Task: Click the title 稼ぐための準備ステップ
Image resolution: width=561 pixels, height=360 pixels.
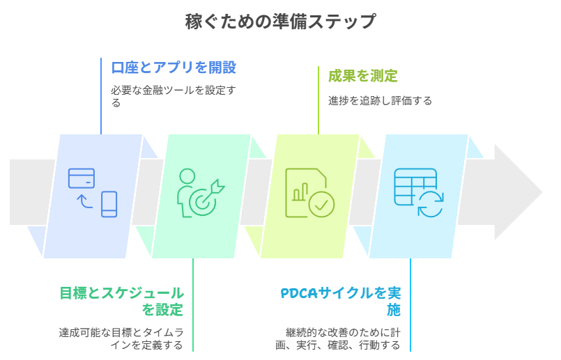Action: coord(280,22)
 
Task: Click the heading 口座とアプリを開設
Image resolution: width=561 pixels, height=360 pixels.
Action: coord(174,68)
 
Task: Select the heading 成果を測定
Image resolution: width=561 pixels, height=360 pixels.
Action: coord(363,76)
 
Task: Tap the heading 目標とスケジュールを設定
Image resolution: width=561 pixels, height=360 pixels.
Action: coord(121,301)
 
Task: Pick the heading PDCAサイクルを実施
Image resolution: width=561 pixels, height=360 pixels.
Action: coord(341,301)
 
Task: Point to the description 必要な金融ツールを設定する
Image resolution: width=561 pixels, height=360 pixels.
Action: coord(174,96)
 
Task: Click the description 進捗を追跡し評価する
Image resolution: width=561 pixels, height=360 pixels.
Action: coord(380,100)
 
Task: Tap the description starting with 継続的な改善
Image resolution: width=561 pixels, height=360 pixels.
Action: coord(340,338)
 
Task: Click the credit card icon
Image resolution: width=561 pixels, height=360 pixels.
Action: coord(82,178)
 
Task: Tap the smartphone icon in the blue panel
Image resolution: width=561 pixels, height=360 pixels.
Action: coord(109,204)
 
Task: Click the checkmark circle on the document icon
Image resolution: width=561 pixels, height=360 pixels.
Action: coord(321,204)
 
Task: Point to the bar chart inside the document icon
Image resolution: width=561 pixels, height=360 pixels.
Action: coord(301,191)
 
